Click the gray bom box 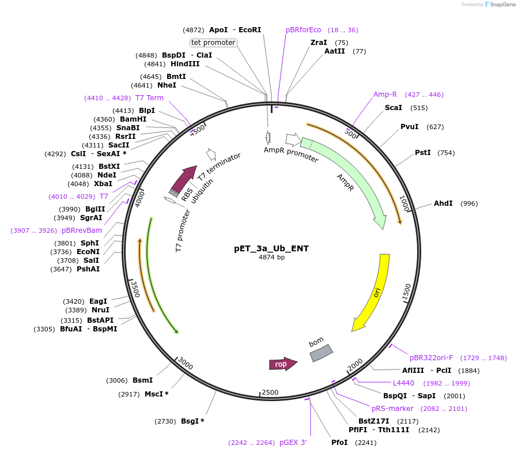click(321, 353)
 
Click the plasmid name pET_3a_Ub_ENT click(271, 248)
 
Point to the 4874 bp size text click(271, 257)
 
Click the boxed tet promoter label click(213, 43)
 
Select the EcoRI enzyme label click(249, 30)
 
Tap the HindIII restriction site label click(185, 64)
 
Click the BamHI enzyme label click(133, 119)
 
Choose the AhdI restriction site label click(443, 203)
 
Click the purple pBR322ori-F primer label click(431, 358)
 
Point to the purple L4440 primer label click(403, 383)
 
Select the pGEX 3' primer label click(293, 443)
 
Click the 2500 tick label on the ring click(270, 392)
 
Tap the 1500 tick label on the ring click(407, 292)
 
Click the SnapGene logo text click(502, 4)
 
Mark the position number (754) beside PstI click(446, 153)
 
